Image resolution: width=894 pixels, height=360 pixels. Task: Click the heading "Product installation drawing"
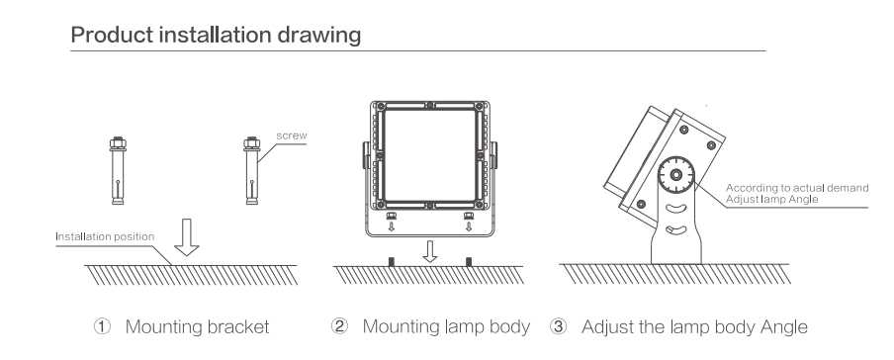click(x=216, y=35)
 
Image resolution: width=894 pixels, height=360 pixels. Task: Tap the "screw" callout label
click(x=292, y=135)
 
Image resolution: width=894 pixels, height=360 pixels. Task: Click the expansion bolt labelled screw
click(x=251, y=170)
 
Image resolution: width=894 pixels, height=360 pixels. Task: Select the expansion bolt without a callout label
click(x=118, y=170)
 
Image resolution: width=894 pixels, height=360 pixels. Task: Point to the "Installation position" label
click(x=105, y=236)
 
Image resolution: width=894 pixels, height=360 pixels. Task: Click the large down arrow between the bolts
click(x=187, y=236)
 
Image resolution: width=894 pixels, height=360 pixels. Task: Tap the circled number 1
click(x=102, y=327)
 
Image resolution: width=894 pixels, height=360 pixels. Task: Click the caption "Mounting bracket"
click(x=197, y=327)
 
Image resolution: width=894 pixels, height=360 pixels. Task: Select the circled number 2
click(x=339, y=327)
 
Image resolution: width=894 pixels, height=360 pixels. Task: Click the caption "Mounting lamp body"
click(x=446, y=327)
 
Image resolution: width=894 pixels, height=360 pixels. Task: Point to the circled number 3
click(x=559, y=327)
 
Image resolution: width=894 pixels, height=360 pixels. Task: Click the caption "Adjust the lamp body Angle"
click(x=694, y=327)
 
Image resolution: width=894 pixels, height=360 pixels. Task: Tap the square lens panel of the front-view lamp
click(x=430, y=155)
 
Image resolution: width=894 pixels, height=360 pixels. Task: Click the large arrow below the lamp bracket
click(x=430, y=251)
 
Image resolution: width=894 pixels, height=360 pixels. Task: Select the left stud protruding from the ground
click(x=392, y=262)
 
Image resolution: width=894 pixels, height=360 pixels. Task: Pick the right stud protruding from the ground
click(x=469, y=262)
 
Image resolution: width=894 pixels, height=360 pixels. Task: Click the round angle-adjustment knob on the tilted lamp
click(x=675, y=175)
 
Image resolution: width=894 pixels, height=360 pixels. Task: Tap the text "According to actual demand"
click(x=797, y=188)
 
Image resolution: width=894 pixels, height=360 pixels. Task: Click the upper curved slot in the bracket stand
click(x=675, y=210)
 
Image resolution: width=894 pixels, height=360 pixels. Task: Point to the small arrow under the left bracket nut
click(x=392, y=226)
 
